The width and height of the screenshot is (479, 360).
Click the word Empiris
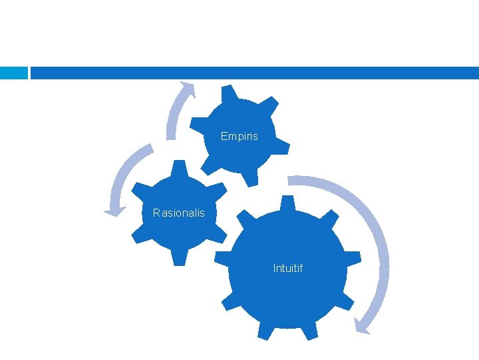tap(239, 137)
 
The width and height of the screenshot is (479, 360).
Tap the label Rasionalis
tap(179, 213)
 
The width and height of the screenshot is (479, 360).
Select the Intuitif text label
tap(287, 269)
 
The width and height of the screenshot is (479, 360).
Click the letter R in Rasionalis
tap(156, 213)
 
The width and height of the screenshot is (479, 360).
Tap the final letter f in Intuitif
tap(301, 269)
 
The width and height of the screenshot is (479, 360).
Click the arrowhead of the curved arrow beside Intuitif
tap(361, 326)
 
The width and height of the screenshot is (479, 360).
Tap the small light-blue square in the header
tap(13, 73)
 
